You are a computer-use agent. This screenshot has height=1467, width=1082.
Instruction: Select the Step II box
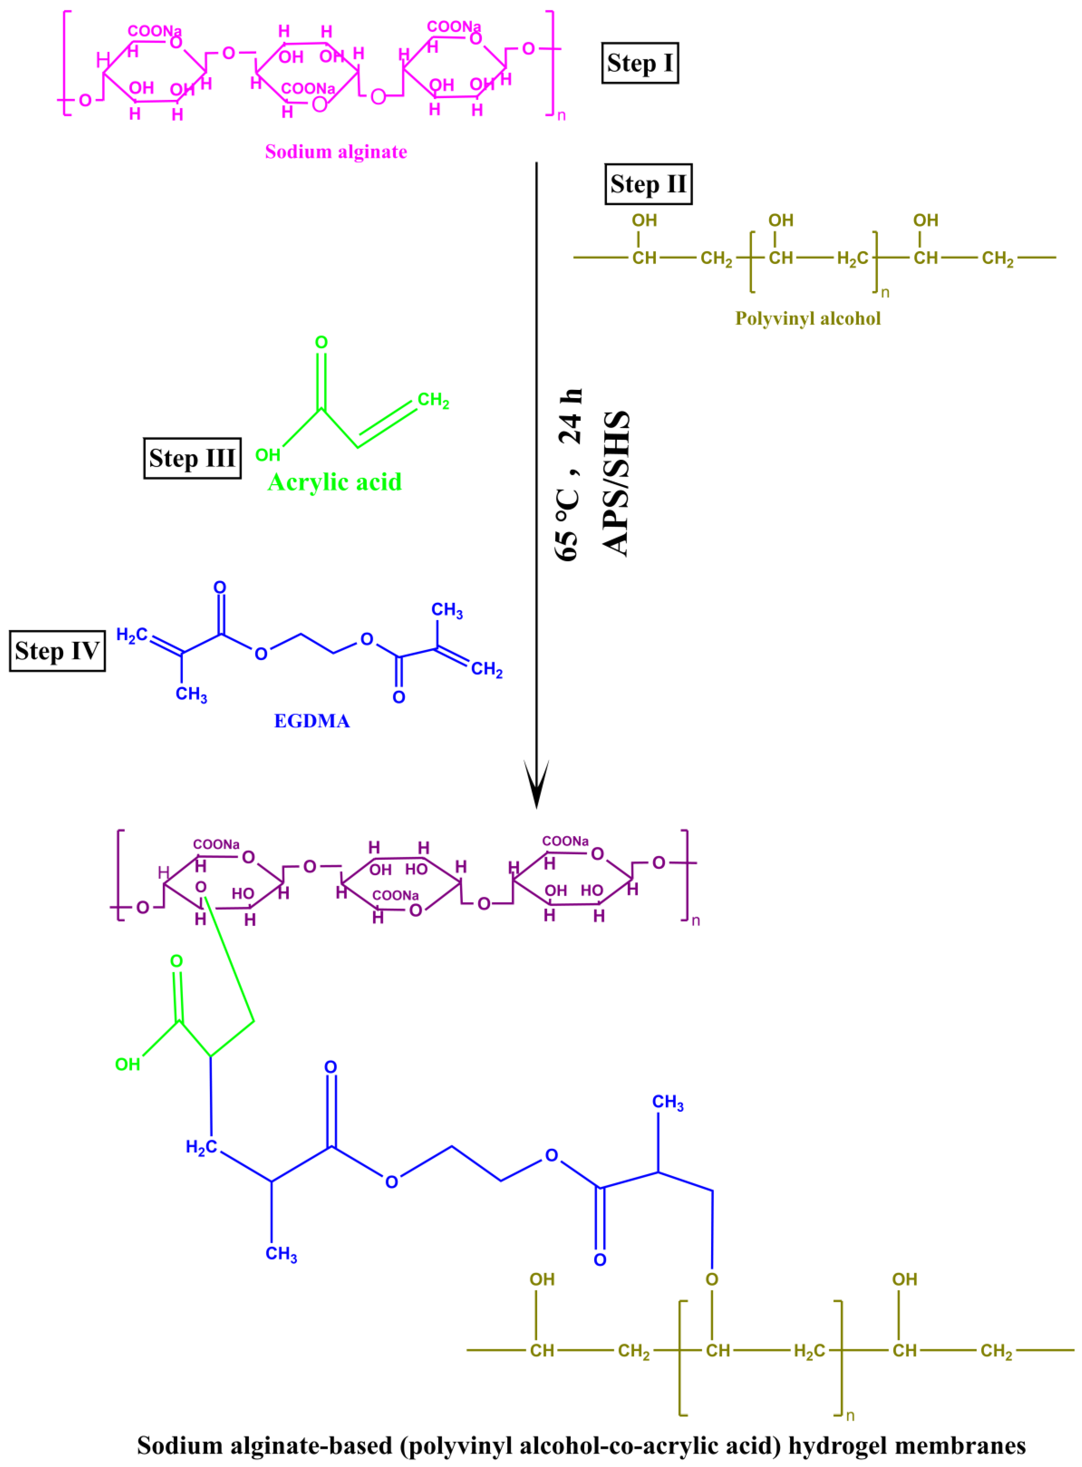[x=648, y=184]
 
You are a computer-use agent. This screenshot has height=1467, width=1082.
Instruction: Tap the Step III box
[x=192, y=458]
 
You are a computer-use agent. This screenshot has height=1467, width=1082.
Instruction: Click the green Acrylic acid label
[x=335, y=483]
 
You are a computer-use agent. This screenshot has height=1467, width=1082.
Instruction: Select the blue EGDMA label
[x=312, y=721]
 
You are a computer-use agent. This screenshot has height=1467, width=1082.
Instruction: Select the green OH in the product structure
[x=128, y=1064]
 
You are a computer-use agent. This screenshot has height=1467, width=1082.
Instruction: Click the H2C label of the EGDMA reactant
[x=132, y=635]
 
